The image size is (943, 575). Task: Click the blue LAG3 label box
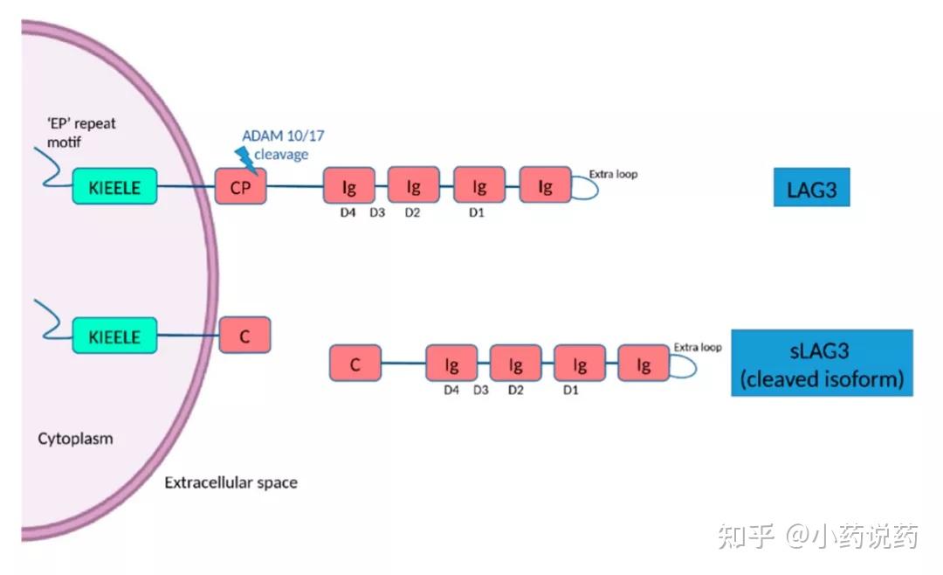point(811,188)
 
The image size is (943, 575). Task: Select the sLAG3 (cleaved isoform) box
point(822,363)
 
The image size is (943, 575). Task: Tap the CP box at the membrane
point(241,187)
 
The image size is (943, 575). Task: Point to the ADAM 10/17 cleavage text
point(284,145)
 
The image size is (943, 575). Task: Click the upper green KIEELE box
point(114,187)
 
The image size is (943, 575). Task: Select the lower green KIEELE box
point(114,336)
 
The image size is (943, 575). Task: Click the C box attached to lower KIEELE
point(244,336)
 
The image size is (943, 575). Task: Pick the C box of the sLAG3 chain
point(355,363)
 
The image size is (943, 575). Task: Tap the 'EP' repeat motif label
point(81,131)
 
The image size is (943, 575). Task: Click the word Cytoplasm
point(75,438)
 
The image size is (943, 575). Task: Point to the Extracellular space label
point(231,482)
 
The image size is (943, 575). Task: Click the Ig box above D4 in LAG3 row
point(349,187)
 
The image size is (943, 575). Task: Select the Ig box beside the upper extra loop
point(545,186)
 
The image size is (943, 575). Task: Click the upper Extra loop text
point(613,174)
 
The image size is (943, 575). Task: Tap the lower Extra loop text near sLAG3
point(698,348)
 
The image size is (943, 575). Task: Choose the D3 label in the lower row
point(481,390)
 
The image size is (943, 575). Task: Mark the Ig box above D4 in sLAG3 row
point(451,364)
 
